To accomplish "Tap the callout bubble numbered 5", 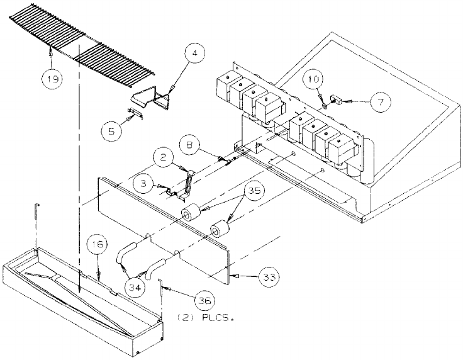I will tap(111, 130).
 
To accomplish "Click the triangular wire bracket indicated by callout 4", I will tap(155, 98).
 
